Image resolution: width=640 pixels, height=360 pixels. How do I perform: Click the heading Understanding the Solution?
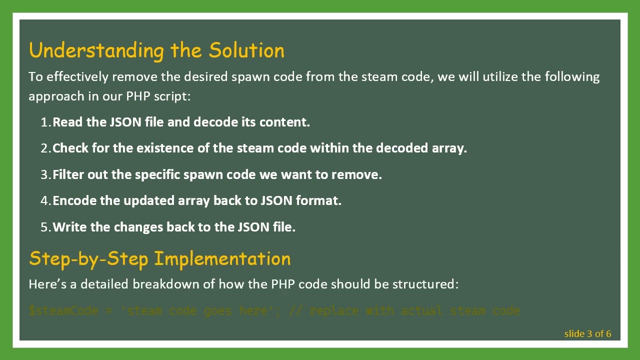pos(156,50)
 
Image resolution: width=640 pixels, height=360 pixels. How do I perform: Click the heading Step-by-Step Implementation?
pos(159,258)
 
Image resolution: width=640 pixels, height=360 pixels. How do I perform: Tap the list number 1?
pos(45,122)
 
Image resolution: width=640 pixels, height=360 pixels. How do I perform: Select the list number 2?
pos(45,148)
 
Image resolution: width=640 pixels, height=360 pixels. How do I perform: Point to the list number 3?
pos(45,175)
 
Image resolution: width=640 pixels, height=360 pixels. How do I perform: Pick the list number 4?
pos(45,201)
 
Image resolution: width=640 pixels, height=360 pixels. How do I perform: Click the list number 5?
pos(45,227)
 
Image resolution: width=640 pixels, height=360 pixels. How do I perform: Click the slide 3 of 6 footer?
pos(587,334)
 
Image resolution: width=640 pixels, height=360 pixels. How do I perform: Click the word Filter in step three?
pos(68,174)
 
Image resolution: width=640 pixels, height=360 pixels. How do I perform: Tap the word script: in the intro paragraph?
pos(174,96)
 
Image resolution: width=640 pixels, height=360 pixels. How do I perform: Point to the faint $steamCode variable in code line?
pos(63,311)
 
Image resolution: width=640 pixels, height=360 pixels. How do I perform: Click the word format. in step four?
pos(318,200)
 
